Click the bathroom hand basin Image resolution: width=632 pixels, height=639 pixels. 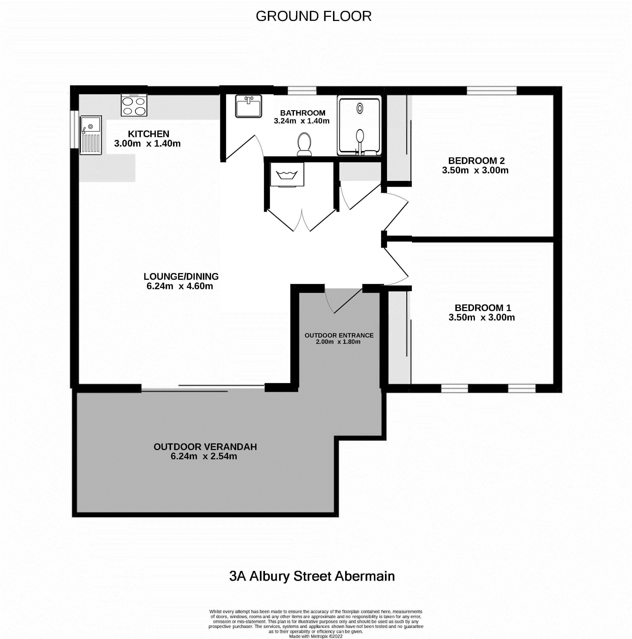coord(248,106)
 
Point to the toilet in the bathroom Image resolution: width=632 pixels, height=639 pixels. coord(304,144)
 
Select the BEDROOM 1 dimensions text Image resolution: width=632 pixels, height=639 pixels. coord(482,318)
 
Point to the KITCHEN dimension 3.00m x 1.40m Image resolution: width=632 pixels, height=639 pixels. coord(148,144)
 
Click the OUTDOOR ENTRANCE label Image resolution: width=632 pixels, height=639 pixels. coord(339,335)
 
